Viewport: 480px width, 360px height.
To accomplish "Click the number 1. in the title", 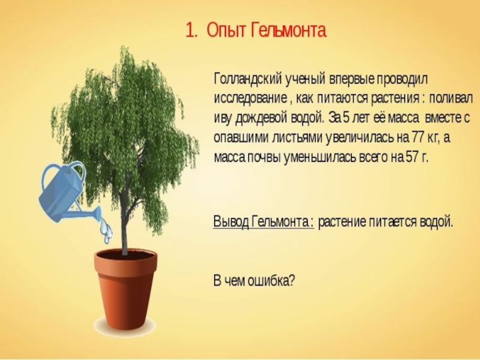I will [x=191, y=31].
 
